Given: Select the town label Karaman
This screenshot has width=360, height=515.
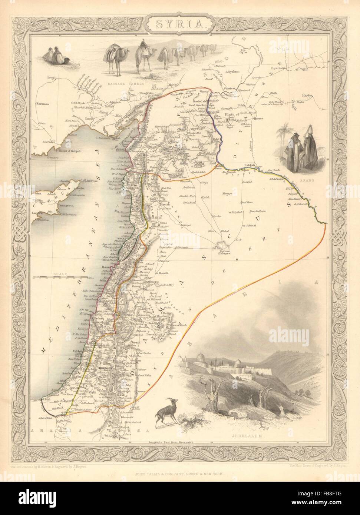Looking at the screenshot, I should click(44, 105).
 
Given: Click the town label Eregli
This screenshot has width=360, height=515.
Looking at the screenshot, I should click(41, 77).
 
